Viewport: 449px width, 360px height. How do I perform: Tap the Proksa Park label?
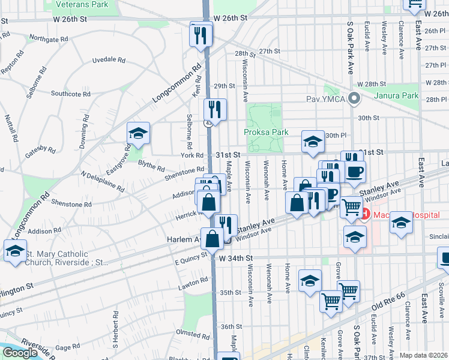coord(266,132)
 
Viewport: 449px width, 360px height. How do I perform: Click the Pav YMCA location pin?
coord(354,98)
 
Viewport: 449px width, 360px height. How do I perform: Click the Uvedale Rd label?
coord(108,60)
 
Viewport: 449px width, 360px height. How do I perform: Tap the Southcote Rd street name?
coord(70,94)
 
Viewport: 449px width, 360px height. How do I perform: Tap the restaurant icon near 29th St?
coord(214,109)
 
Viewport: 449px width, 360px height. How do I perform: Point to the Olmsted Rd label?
coord(191,332)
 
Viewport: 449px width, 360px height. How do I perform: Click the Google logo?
coord(19,353)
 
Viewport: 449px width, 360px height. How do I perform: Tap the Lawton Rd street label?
coord(193,284)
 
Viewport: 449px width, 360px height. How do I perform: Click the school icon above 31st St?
coord(312,142)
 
